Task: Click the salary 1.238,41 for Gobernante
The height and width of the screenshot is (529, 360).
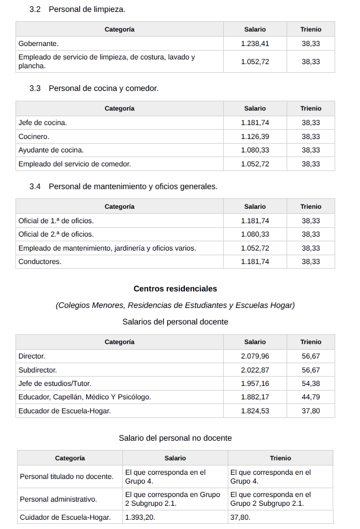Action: pyautogui.click(x=255, y=43)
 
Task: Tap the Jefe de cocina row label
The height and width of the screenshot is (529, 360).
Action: pyautogui.click(x=43, y=122)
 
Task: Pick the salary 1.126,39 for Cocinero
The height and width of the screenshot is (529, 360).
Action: pyautogui.click(x=255, y=136)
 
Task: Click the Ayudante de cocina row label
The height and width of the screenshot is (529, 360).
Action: pyautogui.click(x=51, y=150)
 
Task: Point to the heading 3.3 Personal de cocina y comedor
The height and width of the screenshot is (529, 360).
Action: pyautogui.click(x=93, y=88)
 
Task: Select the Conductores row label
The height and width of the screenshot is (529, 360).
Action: pyautogui.click(x=40, y=261)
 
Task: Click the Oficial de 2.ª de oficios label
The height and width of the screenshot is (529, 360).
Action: pyautogui.click(x=56, y=234)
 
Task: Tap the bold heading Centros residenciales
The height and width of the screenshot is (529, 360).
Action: pyautogui.click(x=175, y=289)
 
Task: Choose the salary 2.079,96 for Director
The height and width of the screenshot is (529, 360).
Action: pyautogui.click(x=255, y=356)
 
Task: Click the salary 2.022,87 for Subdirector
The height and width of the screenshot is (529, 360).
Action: pyautogui.click(x=255, y=370)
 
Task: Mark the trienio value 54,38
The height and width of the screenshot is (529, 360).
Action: pyautogui.click(x=310, y=383)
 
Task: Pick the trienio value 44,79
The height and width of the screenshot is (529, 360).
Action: pyautogui.click(x=310, y=397)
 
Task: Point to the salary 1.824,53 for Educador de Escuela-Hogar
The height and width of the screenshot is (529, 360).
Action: pyautogui.click(x=255, y=411)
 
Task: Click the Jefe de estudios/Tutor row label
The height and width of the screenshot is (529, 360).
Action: pyautogui.click(x=55, y=383)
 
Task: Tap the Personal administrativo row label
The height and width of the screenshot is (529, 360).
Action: pyautogui.click(x=58, y=499)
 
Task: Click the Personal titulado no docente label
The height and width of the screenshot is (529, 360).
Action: pyautogui.click(x=67, y=476)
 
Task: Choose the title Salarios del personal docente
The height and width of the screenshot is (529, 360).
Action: pyautogui.click(x=175, y=322)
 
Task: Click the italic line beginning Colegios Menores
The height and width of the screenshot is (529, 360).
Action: pyautogui.click(x=175, y=305)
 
